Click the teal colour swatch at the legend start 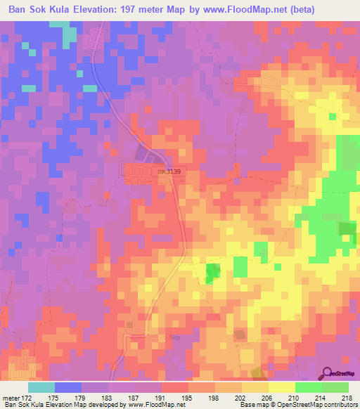pos(41,387)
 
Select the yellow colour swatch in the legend pos(281,387)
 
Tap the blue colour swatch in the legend pos(67,387)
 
